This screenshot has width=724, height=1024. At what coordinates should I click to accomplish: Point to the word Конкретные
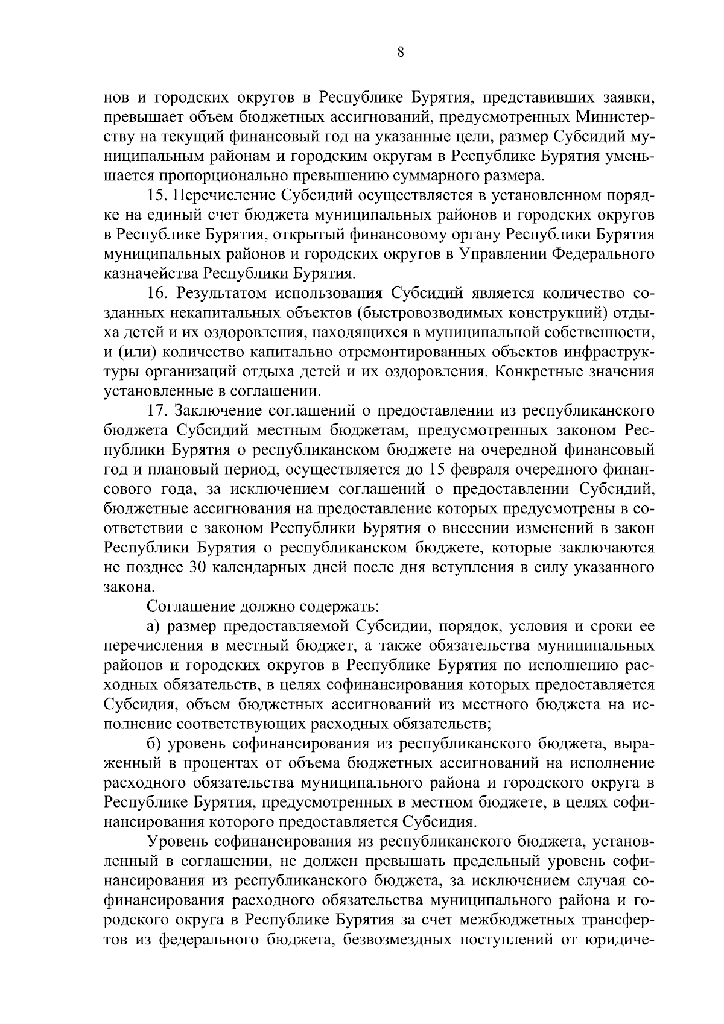[539, 371]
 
